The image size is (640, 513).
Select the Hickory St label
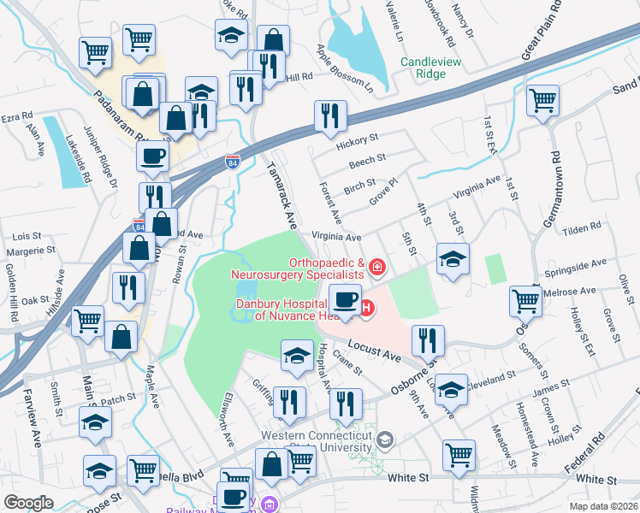click(x=358, y=139)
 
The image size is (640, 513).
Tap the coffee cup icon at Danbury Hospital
click(x=345, y=300)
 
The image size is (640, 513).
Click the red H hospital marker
click(x=367, y=308)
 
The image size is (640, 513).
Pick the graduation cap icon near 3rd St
click(x=453, y=258)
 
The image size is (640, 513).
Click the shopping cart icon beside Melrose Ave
click(x=524, y=299)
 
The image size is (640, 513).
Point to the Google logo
click(x=29, y=502)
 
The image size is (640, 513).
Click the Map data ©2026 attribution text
click(x=603, y=506)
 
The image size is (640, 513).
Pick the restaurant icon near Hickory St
click(x=329, y=115)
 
